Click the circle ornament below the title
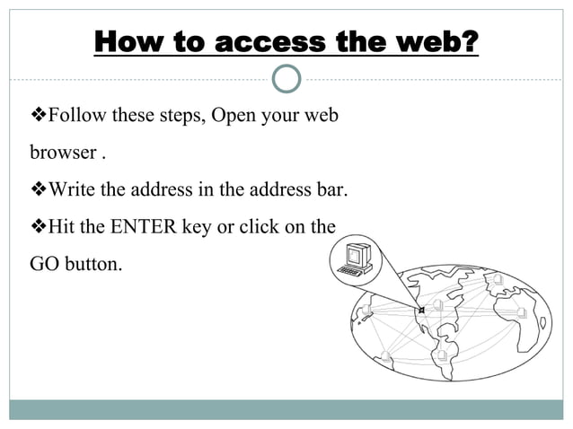pos(286,79)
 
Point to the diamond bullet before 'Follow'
pos(39,117)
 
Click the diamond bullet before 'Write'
pos(39,190)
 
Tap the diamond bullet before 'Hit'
pos(39,227)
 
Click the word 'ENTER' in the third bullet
pos(143,227)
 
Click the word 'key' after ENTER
pos(196,227)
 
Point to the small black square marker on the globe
pos(421,311)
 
